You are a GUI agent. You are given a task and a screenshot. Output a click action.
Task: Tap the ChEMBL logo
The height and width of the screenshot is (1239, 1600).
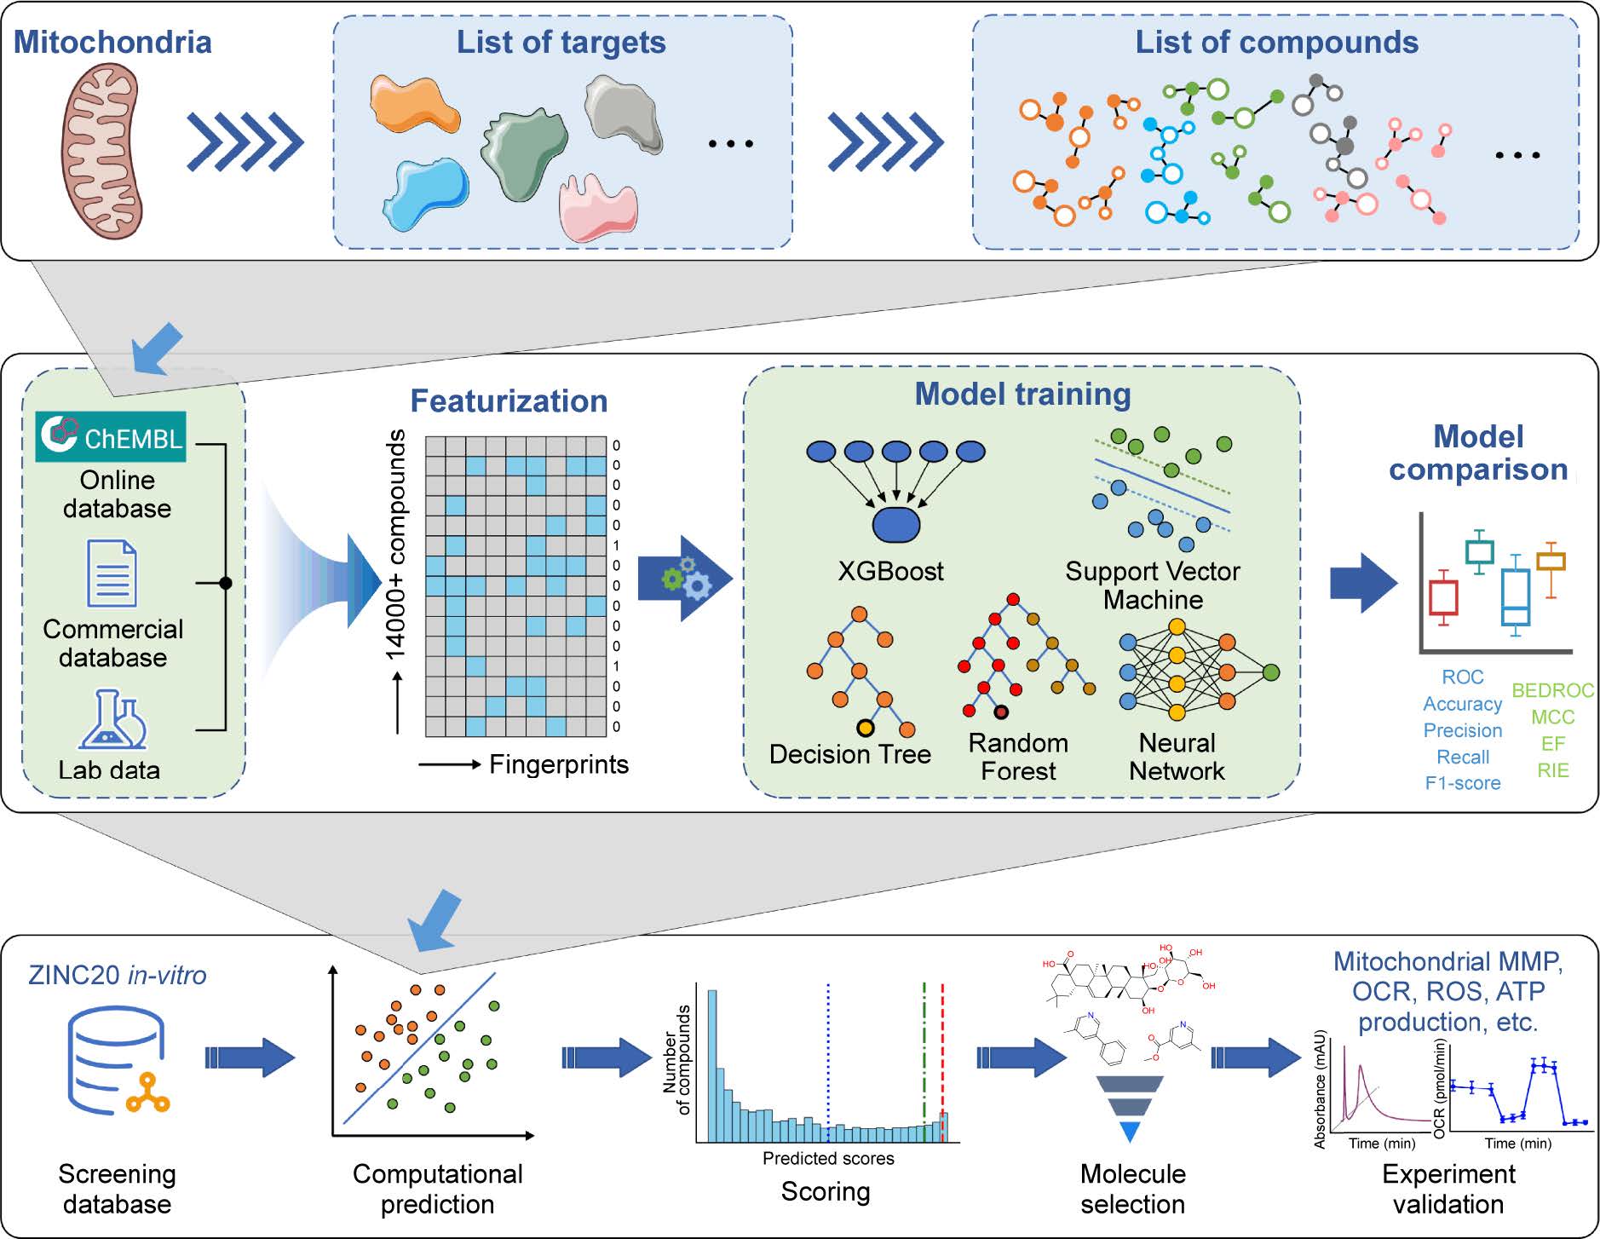point(111,436)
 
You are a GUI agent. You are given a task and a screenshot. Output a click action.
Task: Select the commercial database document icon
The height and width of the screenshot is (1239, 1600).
point(112,573)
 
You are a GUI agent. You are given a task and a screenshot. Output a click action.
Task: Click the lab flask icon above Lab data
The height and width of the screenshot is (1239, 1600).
point(113,721)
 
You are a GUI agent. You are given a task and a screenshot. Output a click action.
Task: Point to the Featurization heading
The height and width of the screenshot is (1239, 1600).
point(509,401)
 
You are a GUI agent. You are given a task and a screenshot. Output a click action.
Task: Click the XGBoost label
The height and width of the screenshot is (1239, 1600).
point(890,571)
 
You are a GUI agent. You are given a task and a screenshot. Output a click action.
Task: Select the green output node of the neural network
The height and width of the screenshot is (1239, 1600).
point(1271,672)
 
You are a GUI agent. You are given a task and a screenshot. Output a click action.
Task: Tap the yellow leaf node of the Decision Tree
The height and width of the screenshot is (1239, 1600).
point(866,728)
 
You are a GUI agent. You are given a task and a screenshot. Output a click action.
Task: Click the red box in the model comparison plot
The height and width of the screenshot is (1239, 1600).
point(1443,597)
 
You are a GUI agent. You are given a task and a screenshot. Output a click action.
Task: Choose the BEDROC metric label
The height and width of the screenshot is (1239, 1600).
point(1552,690)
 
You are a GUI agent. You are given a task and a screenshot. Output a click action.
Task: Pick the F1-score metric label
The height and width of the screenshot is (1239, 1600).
point(1463,783)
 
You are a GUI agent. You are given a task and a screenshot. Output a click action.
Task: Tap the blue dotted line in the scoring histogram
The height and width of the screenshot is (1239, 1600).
point(827,1057)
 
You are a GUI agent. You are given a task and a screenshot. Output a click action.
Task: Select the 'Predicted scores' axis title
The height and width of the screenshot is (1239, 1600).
point(828,1158)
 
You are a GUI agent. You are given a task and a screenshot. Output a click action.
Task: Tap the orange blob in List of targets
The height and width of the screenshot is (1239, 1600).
point(414,104)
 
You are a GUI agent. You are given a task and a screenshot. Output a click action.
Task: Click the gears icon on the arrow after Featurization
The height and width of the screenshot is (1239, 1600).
point(687,579)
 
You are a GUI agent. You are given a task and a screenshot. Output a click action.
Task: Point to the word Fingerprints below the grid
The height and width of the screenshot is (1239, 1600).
point(559,764)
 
